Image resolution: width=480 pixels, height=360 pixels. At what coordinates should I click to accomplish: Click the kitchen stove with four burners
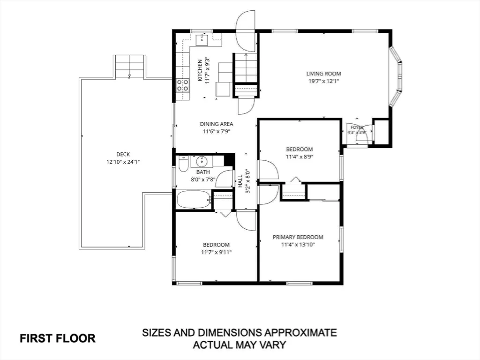pyautogui.click(x=183, y=85)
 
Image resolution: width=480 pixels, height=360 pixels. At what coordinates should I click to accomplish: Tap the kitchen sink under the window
pyautogui.click(x=202, y=40)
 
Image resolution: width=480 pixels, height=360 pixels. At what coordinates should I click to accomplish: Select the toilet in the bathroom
pyautogui.click(x=183, y=164)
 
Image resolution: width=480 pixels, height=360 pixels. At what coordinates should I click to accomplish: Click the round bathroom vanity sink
pyautogui.click(x=202, y=161)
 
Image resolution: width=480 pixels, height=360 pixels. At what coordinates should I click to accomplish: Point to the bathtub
pyautogui.click(x=194, y=200)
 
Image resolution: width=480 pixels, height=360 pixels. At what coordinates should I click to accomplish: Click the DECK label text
pyautogui.click(x=123, y=154)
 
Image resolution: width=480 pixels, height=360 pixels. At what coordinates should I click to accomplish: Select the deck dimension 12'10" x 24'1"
pyautogui.click(x=123, y=162)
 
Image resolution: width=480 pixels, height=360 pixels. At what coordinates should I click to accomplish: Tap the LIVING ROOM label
pyautogui.click(x=323, y=74)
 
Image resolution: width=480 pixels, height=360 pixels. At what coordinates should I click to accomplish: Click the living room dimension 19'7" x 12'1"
pyautogui.click(x=323, y=81)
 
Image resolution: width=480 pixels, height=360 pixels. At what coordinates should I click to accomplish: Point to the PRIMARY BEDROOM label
pyautogui.click(x=298, y=237)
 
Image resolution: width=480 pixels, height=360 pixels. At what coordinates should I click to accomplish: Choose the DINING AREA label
pyautogui.click(x=217, y=124)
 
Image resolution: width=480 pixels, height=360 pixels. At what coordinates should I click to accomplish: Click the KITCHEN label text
pyautogui.click(x=200, y=70)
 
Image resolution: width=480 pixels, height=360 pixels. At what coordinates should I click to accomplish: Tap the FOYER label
pyautogui.click(x=357, y=127)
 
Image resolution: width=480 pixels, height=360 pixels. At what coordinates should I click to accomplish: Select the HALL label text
pyautogui.click(x=240, y=181)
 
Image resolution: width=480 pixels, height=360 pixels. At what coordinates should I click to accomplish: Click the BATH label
pyautogui.click(x=203, y=172)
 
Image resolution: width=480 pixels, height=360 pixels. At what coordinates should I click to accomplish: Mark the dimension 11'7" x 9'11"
pyautogui.click(x=217, y=252)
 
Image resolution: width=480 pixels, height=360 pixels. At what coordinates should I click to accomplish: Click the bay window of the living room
pyautogui.click(x=396, y=76)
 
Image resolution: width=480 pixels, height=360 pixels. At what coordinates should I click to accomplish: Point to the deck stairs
pyautogui.click(x=129, y=66)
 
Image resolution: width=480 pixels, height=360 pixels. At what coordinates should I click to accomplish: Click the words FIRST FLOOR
pyautogui.click(x=58, y=338)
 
